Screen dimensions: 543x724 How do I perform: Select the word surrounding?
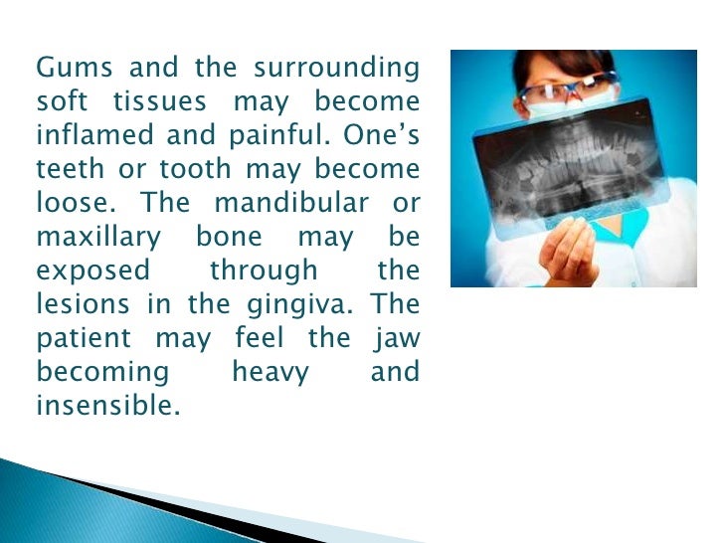tap(337, 70)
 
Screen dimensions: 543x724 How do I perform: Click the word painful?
tap(278, 136)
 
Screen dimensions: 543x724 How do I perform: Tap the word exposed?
tap(93, 271)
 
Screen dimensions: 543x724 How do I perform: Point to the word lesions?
tap(83, 304)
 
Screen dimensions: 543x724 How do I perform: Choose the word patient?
tap(85, 339)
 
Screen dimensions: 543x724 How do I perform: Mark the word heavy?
tap(269, 373)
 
